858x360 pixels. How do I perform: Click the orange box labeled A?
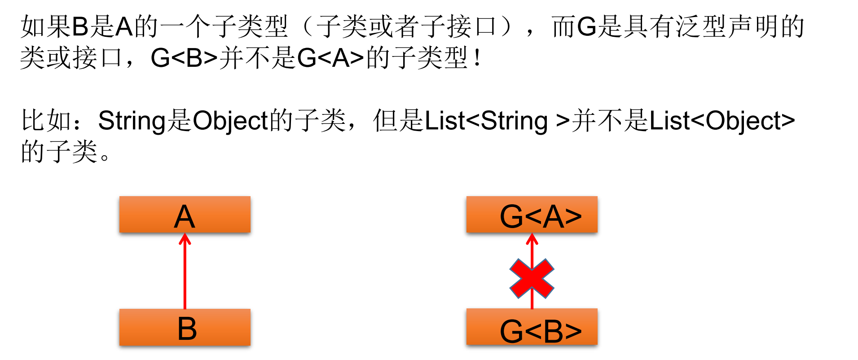(x=185, y=215)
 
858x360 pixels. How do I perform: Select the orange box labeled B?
(x=185, y=327)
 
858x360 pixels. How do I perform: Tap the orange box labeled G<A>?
(x=532, y=215)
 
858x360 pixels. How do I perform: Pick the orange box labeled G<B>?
(x=532, y=327)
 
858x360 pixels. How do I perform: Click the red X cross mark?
(x=532, y=279)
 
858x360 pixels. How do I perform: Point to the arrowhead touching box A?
(x=185, y=238)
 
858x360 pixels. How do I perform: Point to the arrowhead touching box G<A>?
(x=532, y=238)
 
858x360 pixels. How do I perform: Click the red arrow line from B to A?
(x=185, y=274)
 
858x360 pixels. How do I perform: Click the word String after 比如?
(x=132, y=121)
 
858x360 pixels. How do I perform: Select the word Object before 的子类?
(x=230, y=121)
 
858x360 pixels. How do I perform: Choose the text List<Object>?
(x=722, y=121)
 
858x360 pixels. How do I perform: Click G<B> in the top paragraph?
(x=184, y=58)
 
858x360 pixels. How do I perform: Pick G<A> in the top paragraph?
(x=330, y=58)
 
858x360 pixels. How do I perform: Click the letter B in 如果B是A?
(x=80, y=27)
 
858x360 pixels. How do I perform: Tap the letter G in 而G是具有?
(x=586, y=27)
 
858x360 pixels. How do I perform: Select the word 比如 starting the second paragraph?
(x=47, y=121)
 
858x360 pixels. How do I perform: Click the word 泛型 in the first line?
(x=701, y=27)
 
